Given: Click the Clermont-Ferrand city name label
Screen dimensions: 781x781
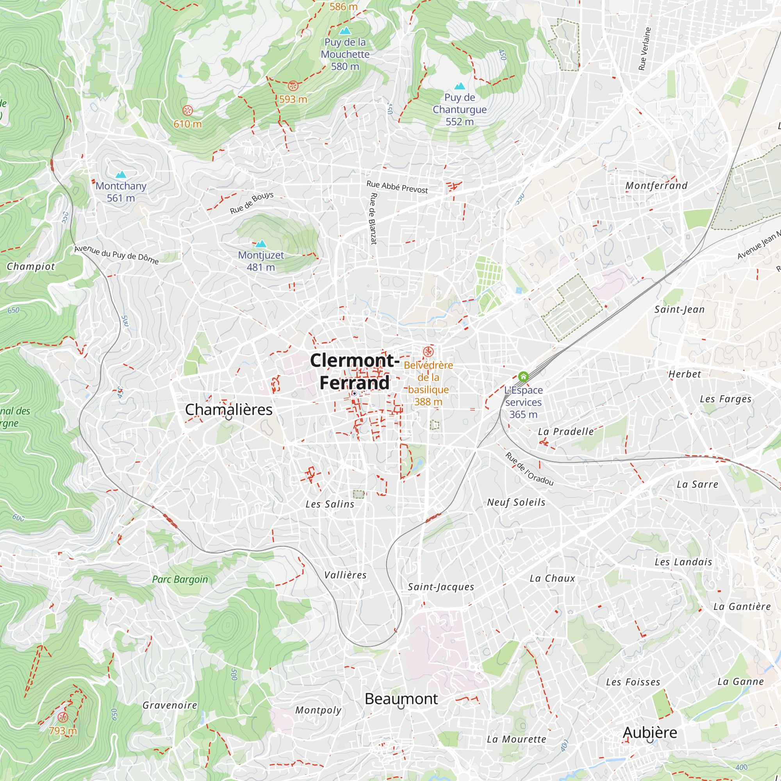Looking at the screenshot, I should (355, 371).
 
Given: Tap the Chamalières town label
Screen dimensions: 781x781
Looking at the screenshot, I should (228, 410).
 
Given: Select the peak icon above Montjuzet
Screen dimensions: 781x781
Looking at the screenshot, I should (261, 243).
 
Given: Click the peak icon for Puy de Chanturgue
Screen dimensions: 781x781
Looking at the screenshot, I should (460, 86).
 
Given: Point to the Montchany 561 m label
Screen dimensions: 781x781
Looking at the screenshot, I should (121, 192).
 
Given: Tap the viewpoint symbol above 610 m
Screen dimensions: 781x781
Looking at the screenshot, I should (187, 111).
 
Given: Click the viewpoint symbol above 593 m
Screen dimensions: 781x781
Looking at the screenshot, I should (293, 86).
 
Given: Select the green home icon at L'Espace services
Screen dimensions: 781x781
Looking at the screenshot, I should (523, 377).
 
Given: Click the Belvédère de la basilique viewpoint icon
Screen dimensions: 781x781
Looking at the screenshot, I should (428, 351).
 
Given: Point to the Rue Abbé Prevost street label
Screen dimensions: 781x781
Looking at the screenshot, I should (397, 187).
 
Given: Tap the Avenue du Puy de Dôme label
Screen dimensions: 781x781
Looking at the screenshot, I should (116, 254).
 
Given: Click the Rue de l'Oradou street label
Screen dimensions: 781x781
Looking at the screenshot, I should (529, 469).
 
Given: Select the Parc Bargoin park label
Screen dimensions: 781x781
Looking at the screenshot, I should (180, 579).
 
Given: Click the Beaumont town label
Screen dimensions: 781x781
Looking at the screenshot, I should (401, 699).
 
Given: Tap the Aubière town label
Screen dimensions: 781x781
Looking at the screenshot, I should (650, 732).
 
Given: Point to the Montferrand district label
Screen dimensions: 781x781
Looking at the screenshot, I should (656, 185).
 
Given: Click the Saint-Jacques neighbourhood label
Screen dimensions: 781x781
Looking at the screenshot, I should (440, 587).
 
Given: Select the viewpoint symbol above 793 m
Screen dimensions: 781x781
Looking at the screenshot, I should (62, 717).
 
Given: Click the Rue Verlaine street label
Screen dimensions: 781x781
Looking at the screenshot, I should (644, 48).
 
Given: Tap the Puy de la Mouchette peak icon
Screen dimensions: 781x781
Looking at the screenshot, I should (345, 30).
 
